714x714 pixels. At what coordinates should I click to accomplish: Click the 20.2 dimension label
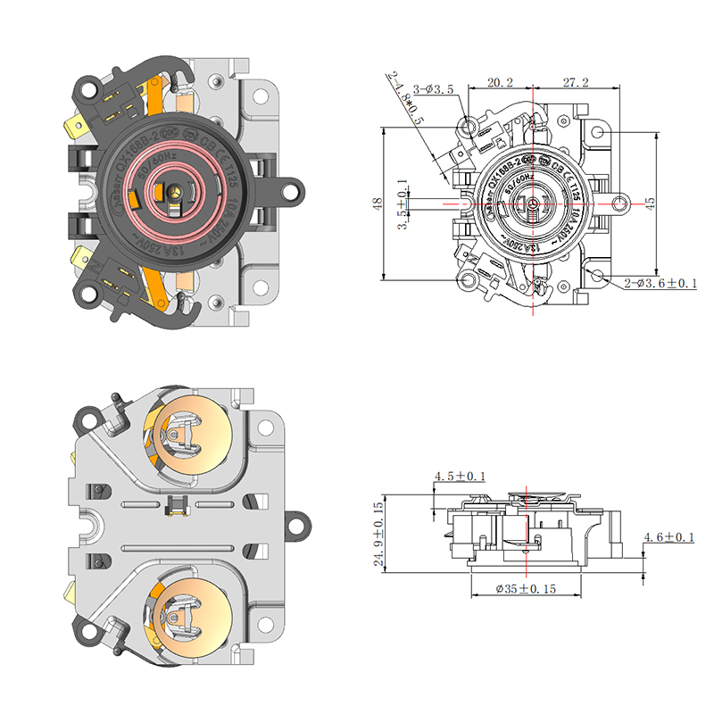(500, 82)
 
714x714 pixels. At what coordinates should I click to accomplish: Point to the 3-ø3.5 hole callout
(435, 89)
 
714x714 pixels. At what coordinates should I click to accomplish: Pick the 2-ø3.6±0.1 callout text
(660, 283)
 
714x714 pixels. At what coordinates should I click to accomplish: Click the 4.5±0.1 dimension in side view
(460, 477)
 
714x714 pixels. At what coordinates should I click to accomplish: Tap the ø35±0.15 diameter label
(526, 589)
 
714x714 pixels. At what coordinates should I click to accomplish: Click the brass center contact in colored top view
(176, 191)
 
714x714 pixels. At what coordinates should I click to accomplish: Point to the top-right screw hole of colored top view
(264, 91)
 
